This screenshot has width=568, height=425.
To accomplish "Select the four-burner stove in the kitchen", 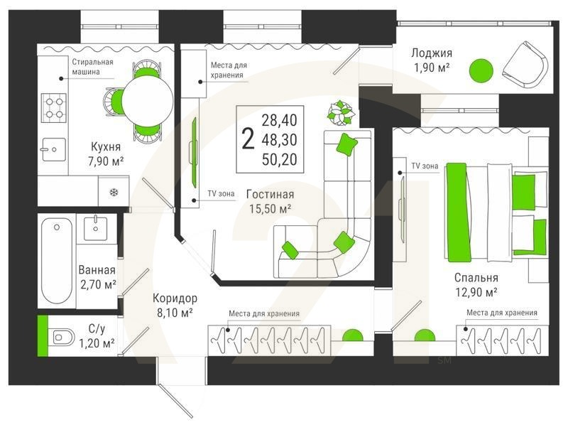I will coord(53,107).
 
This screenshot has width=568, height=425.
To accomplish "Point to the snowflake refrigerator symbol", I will coord(113,192).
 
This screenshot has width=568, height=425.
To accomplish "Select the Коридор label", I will coord(175,298).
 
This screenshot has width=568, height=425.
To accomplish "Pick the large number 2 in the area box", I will coord(247,139).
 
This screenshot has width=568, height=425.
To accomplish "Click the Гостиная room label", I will coord(270,193).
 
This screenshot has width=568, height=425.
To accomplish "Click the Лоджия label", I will coord(432,53).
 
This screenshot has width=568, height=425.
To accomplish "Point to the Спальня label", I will coord(476,277).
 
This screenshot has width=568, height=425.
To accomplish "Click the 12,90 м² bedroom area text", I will coord(476,291).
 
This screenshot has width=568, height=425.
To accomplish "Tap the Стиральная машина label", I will coord(92,66).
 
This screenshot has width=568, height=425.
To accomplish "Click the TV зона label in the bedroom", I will coord(425,166).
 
